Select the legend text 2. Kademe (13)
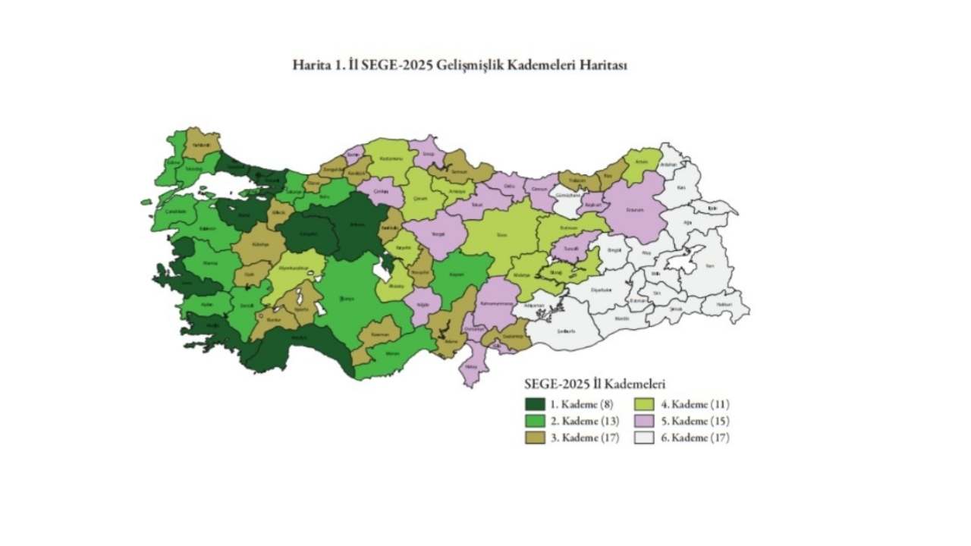coord(585,421)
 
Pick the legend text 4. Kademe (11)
coord(694,404)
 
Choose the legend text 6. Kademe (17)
coord(694,438)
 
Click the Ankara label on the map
coord(357,224)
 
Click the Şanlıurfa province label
coord(567,331)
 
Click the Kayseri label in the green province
coord(456,275)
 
